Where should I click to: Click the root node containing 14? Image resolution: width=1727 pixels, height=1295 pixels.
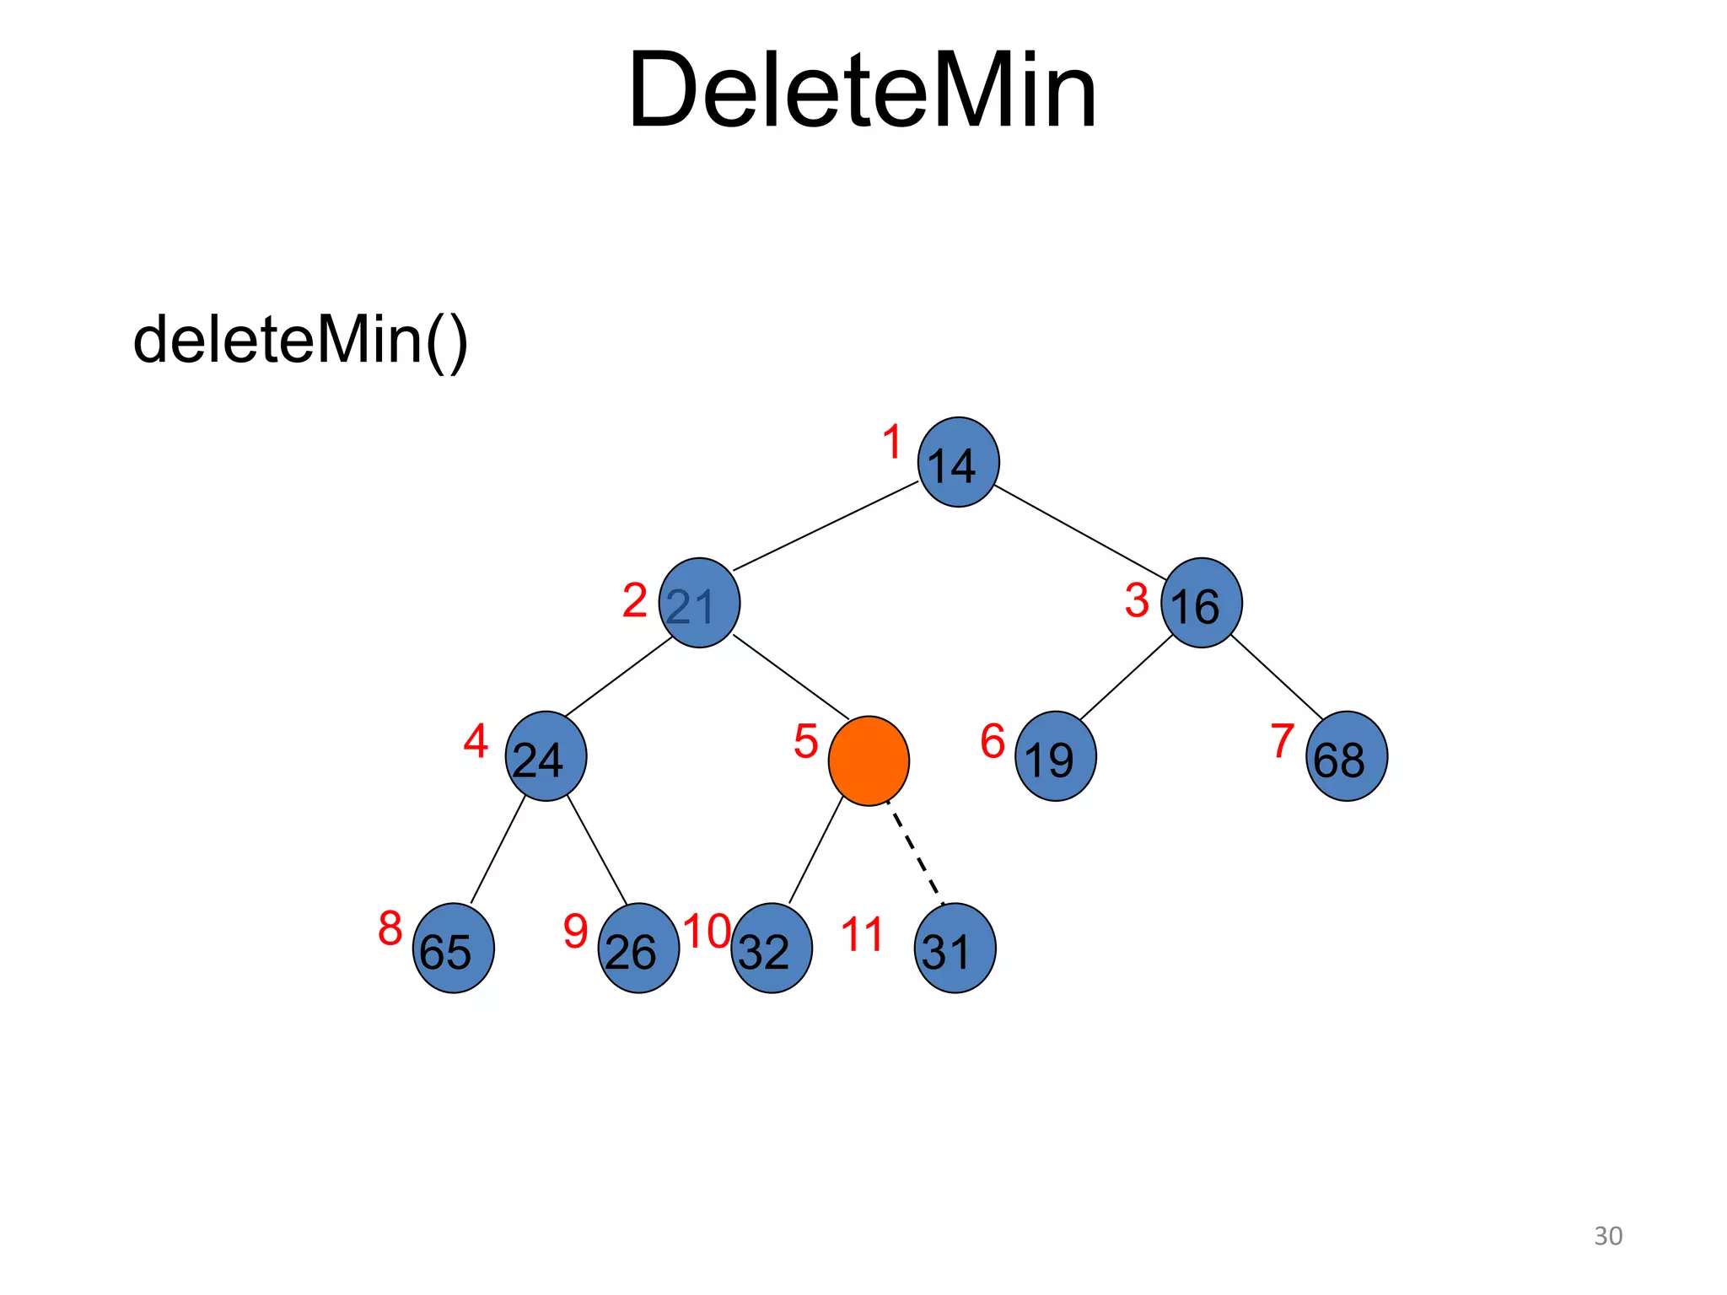coord(958,462)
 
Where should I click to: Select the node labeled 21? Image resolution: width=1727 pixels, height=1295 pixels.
coord(699,603)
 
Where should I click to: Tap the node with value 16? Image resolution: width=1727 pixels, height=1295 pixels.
coord(1201,603)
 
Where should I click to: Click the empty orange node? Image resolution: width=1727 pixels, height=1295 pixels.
coord(869,760)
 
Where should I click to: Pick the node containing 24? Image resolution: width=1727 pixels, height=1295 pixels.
coord(546,756)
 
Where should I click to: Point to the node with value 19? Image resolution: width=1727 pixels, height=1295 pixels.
coord(1055,756)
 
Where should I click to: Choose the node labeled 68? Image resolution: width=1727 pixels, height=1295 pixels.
coord(1347,756)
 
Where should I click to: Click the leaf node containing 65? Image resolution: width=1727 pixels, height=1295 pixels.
coord(453,948)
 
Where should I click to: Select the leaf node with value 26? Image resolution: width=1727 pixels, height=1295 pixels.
coord(638,948)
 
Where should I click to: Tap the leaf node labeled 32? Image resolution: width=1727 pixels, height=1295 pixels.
coord(771,948)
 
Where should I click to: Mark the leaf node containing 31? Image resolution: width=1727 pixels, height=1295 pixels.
coord(955,948)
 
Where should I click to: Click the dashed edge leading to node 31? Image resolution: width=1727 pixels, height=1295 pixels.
coord(916,854)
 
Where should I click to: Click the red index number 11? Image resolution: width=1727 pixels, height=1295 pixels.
coord(862,935)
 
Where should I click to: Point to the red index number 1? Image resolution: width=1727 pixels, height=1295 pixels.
coord(892,443)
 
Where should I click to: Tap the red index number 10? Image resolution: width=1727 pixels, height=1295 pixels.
coord(707,932)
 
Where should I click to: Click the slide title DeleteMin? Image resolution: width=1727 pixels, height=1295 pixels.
coord(862,90)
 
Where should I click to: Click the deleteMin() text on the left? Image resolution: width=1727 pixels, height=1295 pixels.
coord(300,340)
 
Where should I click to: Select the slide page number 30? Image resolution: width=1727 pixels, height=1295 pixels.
coord(1607,1236)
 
